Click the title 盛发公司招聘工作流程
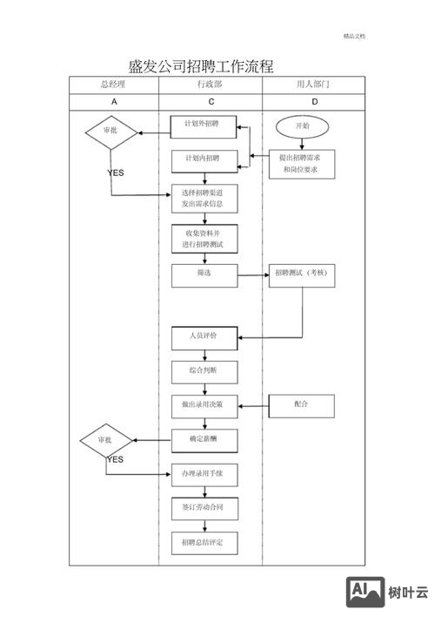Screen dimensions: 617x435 [200, 66]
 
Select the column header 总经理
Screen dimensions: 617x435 [114, 85]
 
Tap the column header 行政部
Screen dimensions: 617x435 [210, 85]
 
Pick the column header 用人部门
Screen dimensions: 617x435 [314, 85]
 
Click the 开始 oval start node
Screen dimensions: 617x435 [301, 126]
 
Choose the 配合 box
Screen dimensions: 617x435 [301, 405]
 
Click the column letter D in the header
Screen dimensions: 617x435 [314, 102]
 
